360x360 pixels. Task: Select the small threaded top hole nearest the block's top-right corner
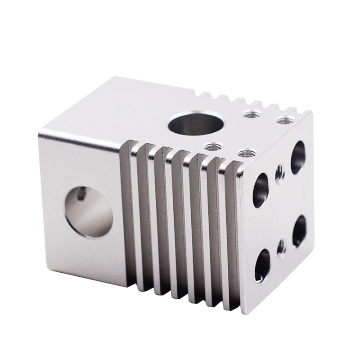pos(283,121)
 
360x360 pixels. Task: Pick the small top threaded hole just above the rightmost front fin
pos(245,153)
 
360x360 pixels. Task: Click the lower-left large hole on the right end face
pos(262,265)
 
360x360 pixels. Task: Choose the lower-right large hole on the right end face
pos(299,230)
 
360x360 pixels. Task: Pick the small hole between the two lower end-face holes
pos(281,247)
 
